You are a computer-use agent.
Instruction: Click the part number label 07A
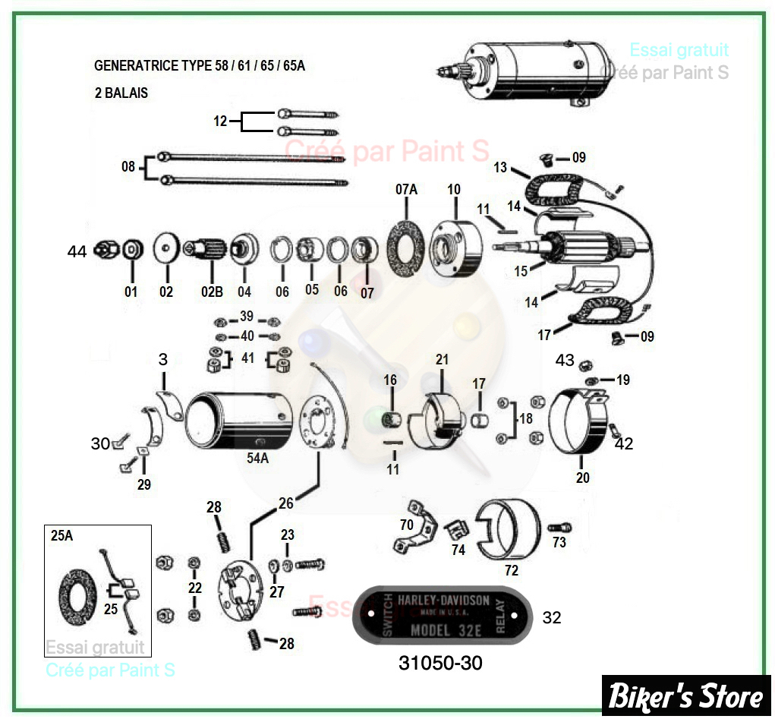click(406, 189)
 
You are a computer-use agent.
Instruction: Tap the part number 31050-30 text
click(440, 663)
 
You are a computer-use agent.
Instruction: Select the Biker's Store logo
click(686, 695)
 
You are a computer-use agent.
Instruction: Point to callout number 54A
click(258, 458)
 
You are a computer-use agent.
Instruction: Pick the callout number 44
click(77, 251)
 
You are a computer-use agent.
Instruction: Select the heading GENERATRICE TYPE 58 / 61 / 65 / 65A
click(200, 65)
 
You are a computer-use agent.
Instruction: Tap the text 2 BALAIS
click(121, 93)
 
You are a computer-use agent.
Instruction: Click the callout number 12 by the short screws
click(220, 121)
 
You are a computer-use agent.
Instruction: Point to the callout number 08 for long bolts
click(128, 166)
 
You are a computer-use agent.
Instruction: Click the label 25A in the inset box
click(61, 535)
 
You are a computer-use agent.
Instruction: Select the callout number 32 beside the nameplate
click(552, 617)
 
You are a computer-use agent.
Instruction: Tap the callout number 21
click(443, 359)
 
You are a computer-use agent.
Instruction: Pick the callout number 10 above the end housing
click(454, 189)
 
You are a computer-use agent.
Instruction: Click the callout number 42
click(623, 443)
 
